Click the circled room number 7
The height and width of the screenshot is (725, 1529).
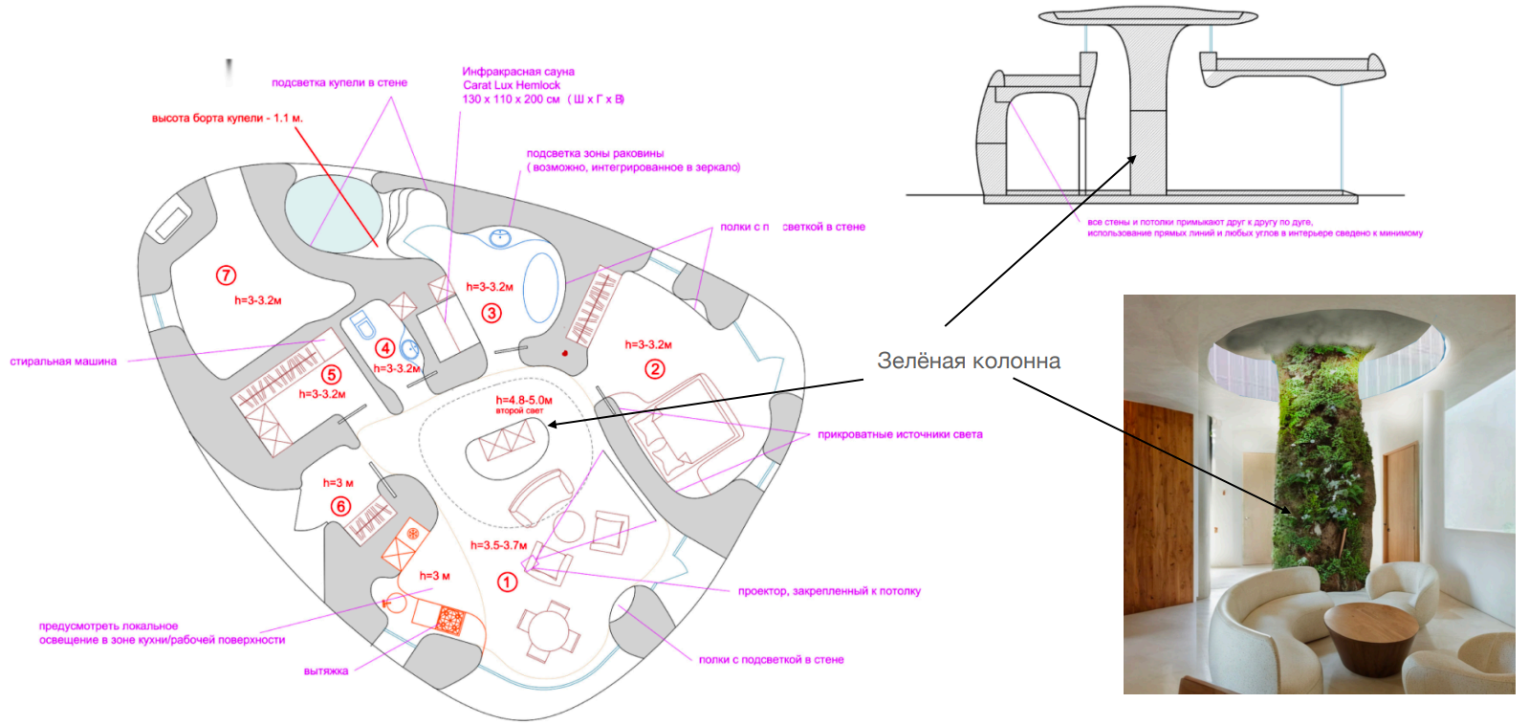(x=227, y=275)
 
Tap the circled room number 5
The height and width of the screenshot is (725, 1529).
(x=331, y=375)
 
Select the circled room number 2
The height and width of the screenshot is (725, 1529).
(x=655, y=368)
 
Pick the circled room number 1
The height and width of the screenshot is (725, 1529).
(x=508, y=582)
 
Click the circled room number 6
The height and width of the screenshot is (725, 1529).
(x=341, y=506)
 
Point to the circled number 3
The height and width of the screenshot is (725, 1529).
(x=491, y=313)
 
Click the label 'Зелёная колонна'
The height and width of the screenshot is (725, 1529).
(x=968, y=362)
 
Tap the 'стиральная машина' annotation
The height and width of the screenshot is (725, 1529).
(x=63, y=362)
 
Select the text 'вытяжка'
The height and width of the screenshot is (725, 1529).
(x=326, y=670)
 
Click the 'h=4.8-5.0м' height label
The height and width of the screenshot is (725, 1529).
(x=524, y=400)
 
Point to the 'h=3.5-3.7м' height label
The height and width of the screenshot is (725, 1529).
(x=498, y=545)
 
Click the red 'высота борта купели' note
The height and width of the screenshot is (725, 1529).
(x=227, y=119)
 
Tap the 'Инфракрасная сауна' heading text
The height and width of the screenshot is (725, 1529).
(x=518, y=72)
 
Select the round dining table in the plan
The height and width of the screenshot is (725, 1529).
(x=549, y=629)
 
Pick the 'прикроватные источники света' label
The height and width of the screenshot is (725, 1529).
(x=900, y=434)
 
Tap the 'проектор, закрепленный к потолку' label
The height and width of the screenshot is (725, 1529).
(x=829, y=591)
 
